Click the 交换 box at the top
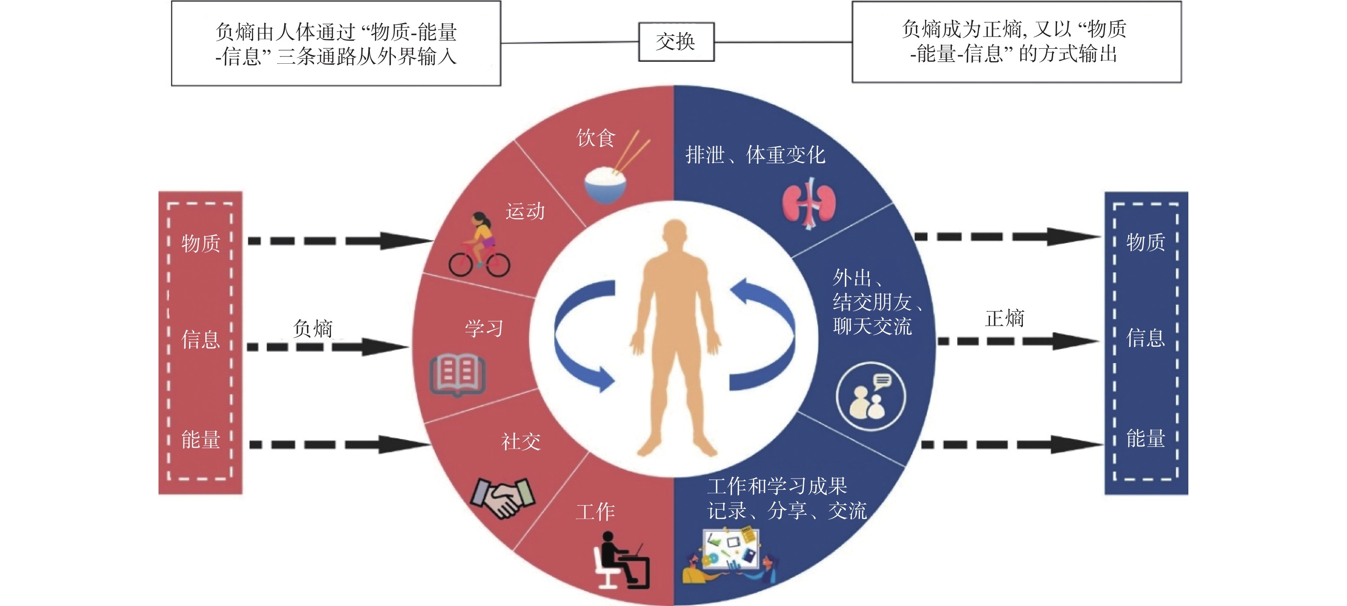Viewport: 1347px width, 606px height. coord(676,42)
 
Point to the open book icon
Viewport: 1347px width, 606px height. coord(458,374)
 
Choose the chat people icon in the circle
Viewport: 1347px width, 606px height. coord(870,396)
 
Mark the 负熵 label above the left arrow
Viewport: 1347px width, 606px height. coord(313,329)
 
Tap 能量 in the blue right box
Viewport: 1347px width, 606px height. coord(1145,439)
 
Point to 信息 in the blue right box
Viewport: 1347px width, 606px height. coord(1145,338)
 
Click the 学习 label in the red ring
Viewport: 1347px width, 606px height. coord(484,329)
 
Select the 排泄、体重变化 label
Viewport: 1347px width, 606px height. coord(755,155)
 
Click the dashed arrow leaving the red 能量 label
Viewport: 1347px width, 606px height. coord(340,445)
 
